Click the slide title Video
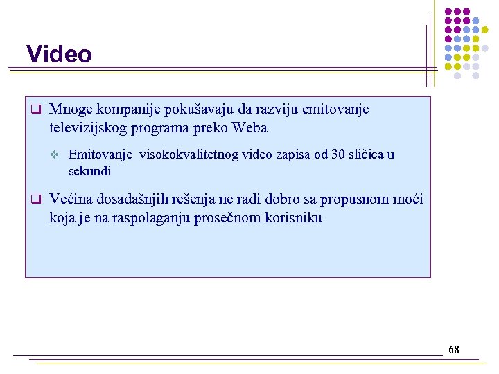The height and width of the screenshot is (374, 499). click(59, 54)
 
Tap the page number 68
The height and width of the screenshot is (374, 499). click(453, 350)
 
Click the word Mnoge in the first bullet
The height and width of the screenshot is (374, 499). click(68, 109)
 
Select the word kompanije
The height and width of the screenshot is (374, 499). click(118, 109)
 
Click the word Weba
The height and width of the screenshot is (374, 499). click(250, 128)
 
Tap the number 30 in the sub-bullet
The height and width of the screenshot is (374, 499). click(338, 154)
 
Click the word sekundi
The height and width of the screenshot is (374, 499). click(89, 171)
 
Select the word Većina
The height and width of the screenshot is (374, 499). click(71, 199)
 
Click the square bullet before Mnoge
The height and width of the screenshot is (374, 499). click(32, 110)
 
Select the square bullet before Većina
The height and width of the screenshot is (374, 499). click(32, 200)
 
